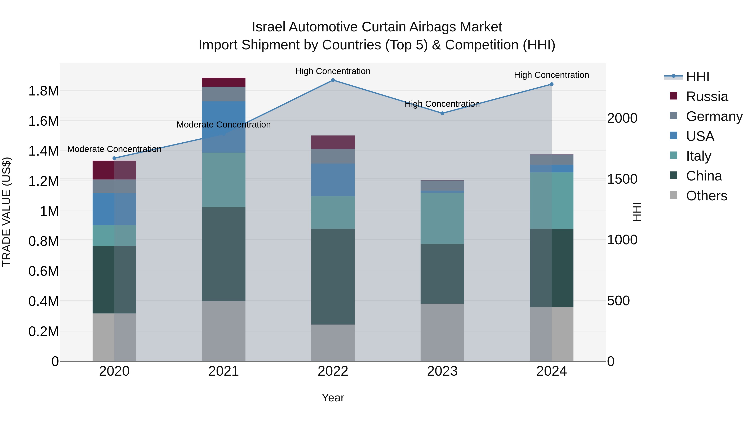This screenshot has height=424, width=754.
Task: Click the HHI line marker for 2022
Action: [333, 80]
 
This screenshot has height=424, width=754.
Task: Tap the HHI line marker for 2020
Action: [114, 158]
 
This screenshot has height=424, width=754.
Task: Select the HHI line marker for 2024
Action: [551, 84]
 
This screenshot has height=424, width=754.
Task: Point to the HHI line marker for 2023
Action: [442, 113]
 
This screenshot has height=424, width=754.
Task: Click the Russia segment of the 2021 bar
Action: [224, 82]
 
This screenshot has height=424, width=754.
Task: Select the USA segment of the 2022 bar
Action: [333, 180]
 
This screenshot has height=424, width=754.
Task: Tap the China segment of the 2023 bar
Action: [442, 274]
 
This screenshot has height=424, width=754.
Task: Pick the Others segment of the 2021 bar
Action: [224, 331]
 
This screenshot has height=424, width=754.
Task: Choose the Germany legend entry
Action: [714, 116]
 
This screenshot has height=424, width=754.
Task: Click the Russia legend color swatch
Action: [674, 96]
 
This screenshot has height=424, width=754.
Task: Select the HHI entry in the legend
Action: [697, 77]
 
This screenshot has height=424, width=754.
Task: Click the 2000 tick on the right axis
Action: [622, 118]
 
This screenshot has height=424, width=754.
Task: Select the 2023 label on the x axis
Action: [442, 371]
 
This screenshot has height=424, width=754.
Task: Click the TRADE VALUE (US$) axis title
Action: [6, 212]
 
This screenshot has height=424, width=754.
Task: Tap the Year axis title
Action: [333, 398]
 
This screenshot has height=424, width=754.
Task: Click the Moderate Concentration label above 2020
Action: [114, 149]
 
